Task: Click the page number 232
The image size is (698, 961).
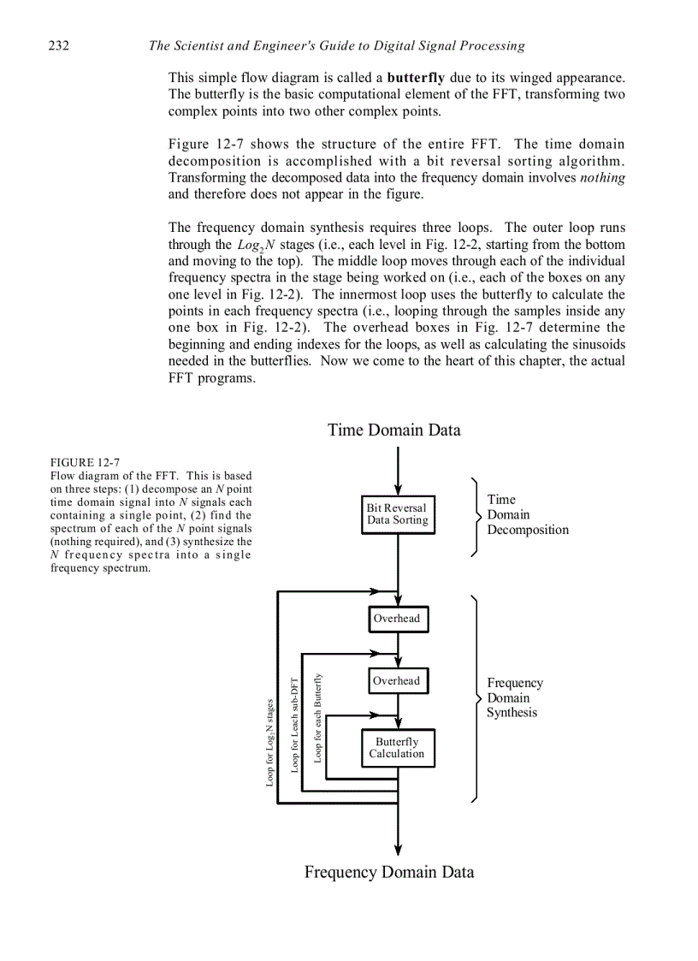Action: tap(58, 45)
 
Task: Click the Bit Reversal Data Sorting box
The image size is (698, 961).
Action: tap(398, 514)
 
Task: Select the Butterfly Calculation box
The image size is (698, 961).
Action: tap(397, 748)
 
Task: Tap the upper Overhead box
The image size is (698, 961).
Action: tap(397, 619)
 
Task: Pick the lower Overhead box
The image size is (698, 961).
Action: tap(397, 681)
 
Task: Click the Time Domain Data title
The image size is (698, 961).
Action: tap(393, 430)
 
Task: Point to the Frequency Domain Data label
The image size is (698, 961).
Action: tap(389, 872)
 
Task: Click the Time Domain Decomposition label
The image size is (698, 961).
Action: tap(527, 514)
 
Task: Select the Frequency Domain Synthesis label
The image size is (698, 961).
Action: tap(515, 697)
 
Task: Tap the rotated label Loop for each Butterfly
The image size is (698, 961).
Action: tap(317, 717)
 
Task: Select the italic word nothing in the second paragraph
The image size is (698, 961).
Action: tap(602, 178)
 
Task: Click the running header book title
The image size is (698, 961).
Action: tap(336, 45)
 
